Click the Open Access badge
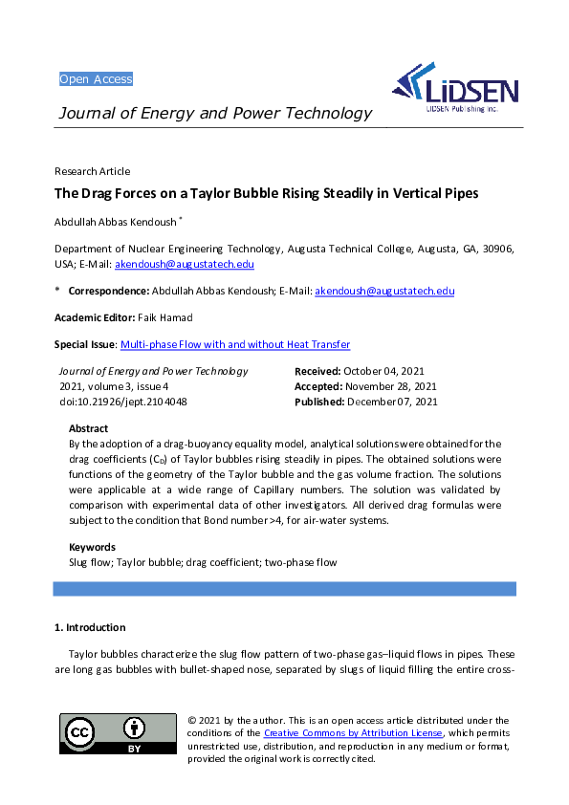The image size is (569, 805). coord(96,78)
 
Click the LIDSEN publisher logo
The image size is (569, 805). coord(456,89)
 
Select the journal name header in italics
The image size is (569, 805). coord(215,114)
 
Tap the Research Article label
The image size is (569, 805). coord(92,171)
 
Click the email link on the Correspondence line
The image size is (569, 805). coord(384,291)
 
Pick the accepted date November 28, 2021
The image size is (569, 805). coord(389,386)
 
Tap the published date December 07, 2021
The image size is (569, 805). coord(391,402)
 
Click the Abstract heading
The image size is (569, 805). coord(89,428)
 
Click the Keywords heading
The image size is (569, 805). coord(92,547)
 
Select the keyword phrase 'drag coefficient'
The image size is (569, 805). coord(219,562)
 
